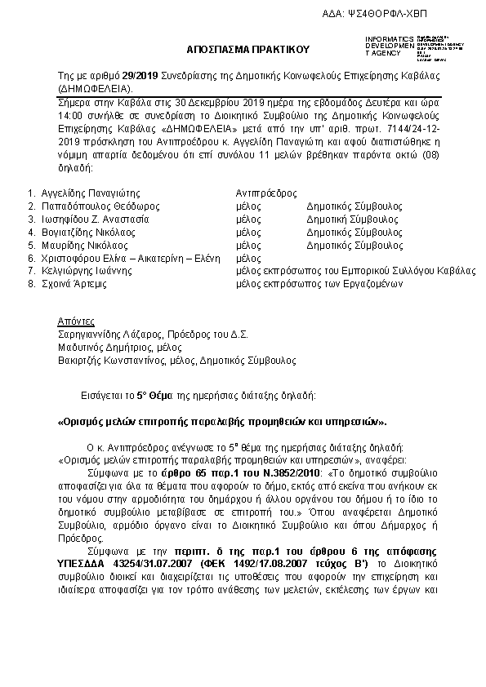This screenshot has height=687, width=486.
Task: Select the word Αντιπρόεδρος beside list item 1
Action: click(265, 193)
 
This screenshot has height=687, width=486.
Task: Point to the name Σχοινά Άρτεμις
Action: click(72, 284)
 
